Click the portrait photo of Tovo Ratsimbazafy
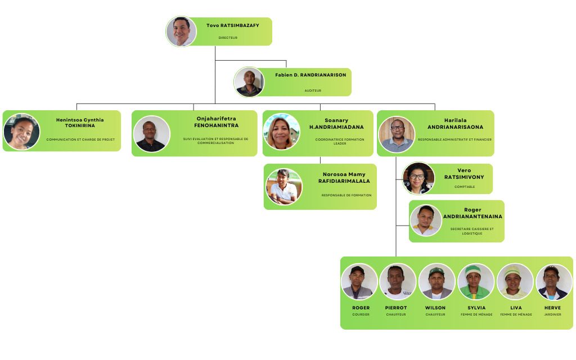point(181,31)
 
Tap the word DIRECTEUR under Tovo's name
point(228,38)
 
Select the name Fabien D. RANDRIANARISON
point(310,75)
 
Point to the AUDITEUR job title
point(313,90)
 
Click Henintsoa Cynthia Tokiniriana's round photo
point(22,132)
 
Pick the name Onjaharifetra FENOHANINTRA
point(217,122)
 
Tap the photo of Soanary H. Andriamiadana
point(281,132)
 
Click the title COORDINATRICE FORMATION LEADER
point(340,141)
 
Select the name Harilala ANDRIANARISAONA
point(455,124)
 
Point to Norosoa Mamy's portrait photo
point(283,187)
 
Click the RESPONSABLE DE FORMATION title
point(346,195)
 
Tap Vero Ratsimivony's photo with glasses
point(418,178)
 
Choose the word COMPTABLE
point(465,187)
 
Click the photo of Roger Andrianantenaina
point(426,220)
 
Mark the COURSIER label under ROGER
point(361,314)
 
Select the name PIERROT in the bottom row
point(396,308)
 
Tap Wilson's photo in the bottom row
point(436,281)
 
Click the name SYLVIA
point(476,308)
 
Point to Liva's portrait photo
point(515,281)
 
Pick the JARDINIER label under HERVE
point(552,314)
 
